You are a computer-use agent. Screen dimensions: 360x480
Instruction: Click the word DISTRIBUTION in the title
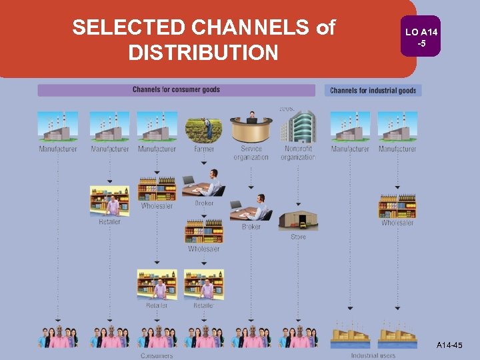203,52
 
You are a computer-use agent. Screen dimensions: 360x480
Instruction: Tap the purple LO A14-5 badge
420,36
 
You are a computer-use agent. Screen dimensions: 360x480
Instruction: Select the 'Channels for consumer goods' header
176,89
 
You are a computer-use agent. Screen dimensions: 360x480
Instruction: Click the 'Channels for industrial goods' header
373,90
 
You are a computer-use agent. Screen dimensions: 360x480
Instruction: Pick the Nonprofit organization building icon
297,127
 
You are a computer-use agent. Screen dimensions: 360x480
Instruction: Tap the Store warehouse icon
298,221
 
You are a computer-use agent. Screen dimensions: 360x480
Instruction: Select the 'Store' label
298,237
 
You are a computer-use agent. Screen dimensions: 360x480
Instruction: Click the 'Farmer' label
204,149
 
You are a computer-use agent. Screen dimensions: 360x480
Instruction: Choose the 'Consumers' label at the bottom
157,355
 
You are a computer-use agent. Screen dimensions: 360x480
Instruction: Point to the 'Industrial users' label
373,355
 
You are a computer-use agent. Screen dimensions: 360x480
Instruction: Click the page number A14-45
449,345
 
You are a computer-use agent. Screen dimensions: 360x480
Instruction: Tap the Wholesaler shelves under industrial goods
397,206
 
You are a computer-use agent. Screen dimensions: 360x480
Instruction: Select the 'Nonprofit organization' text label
298,153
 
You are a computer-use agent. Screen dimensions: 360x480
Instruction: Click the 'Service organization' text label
251,153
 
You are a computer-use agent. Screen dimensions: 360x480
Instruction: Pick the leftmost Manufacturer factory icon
58,127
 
